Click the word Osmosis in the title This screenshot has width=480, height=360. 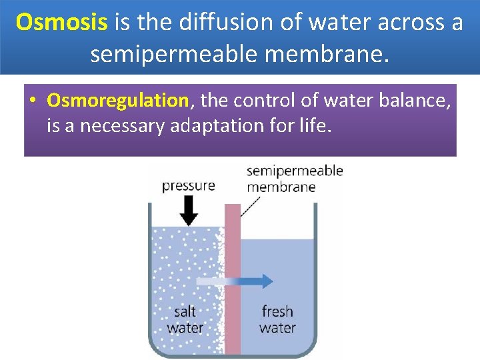click(x=61, y=23)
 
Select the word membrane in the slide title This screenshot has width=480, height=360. click(x=329, y=53)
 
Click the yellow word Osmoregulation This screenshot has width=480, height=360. click(x=118, y=101)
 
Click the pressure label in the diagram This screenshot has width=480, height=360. click(x=189, y=185)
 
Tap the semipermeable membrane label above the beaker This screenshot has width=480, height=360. click(x=294, y=179)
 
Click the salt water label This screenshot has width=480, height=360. click(x=185, y=319)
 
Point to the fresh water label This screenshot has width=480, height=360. click(x=277, y=319)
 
